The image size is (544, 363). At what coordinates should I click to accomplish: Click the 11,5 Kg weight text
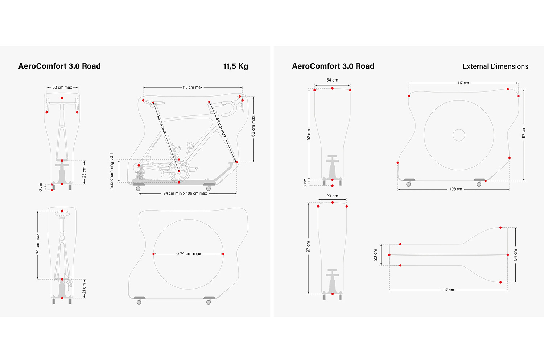coord(236,66)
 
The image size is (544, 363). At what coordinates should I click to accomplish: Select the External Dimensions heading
coord(495,66)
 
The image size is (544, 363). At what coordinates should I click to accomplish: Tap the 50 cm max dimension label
coord(62,87)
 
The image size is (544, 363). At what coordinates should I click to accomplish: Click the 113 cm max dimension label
coord(192,87)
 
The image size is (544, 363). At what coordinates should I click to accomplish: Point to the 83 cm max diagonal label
coord(162,124)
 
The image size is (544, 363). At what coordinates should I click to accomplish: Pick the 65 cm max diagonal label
coord(221,127)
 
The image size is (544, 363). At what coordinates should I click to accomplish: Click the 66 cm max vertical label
coord(253,126)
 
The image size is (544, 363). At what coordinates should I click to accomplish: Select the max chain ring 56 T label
coord(111,171)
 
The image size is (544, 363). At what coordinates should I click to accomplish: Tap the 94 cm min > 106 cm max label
coord(185,193)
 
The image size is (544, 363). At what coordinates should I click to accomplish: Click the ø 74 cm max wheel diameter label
coord(189,254)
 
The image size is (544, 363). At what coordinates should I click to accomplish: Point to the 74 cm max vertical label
coord(38,244)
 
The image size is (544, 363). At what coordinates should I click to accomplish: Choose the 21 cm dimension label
coord(84,289)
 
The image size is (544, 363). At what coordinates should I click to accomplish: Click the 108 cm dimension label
coord(456,189)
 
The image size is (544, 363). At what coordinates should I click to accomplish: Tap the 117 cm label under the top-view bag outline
coord(448,290)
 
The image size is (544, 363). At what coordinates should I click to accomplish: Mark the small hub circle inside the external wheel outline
coord(459,135)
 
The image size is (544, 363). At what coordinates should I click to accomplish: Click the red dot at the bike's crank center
coord(179,171)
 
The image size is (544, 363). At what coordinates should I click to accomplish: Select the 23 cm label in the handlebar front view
coord(84,172)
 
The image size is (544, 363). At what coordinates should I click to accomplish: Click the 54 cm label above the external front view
coord(332,80)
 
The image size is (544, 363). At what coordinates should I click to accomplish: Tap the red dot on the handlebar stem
coord(62,98)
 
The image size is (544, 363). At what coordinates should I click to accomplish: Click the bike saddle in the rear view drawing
coord(62,214)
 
